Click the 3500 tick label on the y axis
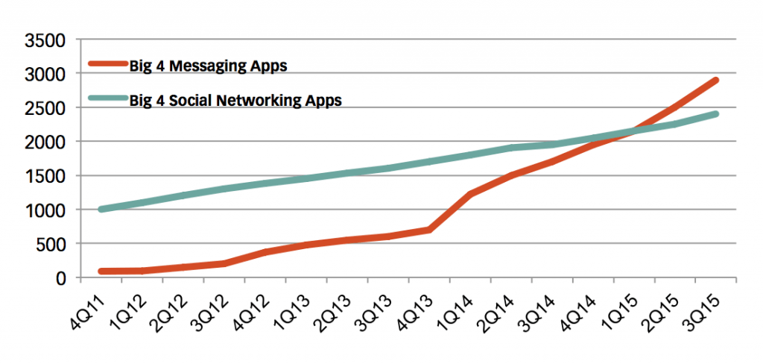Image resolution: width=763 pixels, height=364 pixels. coord(47,40)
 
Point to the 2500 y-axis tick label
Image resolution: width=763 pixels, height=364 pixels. coord(47,108)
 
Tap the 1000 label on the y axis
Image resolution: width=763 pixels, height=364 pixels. coord(47,210)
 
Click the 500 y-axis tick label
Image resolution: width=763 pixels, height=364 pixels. coord(51,244)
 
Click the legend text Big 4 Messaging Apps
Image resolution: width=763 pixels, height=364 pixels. coord(209,66)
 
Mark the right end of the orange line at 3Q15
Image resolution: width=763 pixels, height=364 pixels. coord(715,80)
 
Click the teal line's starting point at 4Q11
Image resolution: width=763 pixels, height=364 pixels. coord(101,210)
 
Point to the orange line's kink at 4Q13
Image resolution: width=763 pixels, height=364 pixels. coord(429,230)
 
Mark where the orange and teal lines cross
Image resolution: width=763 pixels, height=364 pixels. coord(633,132)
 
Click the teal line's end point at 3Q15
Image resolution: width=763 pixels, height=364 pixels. coord(715,114)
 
